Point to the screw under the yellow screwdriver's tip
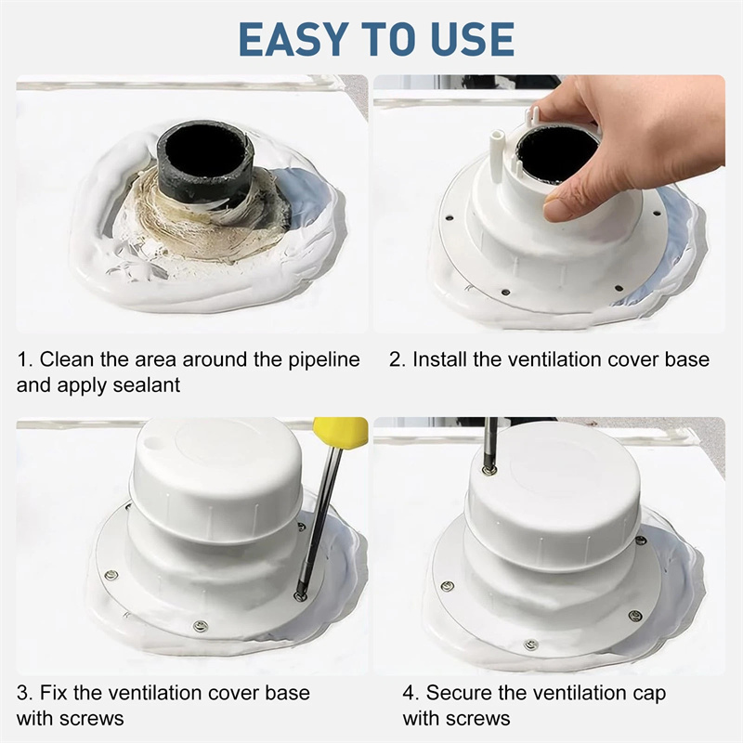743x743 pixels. pyautogui.click(x=299, y=595)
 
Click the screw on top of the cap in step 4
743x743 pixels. pyautogui.click(x=487, y=470)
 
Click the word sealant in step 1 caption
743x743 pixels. pyautogui.click(x=147, y=385)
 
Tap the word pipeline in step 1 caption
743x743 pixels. pyautogui.click(x=324, y=361)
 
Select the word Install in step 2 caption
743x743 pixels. pyautogui.click(x=439, y=359)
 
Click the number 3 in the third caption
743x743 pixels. pyautogui.click(x=22, y=693)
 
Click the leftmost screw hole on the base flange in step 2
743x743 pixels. pyautogui.click(x=450, y=218)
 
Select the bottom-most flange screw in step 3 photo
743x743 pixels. pyautogui.click(x=202, y=626)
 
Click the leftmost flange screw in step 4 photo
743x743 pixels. pyautogui.click(x=447, y=586)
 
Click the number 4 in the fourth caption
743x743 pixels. pyautogui.click(x=409, y=693)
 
